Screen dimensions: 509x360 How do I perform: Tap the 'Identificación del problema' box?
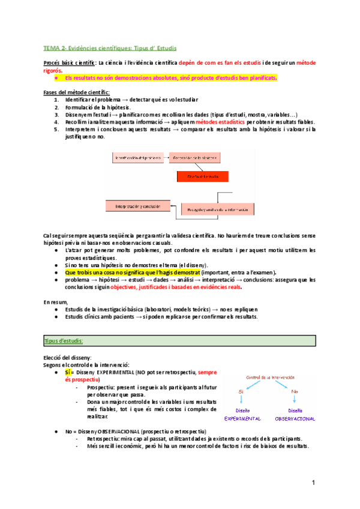(x=137, y=158)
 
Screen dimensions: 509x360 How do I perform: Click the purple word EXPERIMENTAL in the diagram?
(x=242, y=418)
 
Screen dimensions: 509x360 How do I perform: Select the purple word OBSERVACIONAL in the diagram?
(x=295, y=418)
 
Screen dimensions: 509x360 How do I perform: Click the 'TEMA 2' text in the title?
(x=56, y=47)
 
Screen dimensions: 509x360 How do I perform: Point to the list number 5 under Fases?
(x=56, y=129)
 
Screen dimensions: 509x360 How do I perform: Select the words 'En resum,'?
(x=55, y=301)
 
